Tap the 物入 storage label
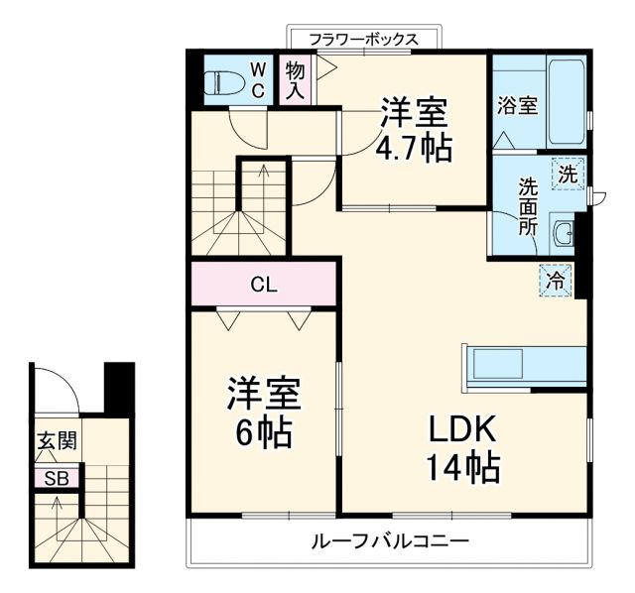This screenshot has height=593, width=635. (295, 80)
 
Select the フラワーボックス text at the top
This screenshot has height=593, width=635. (362, 40)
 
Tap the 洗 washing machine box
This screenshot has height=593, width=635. (567, 173)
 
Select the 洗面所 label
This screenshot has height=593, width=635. (528, 205)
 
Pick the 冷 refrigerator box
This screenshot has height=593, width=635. (557, 280)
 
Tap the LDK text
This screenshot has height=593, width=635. (461, 428)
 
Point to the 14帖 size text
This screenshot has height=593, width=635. (461, 464)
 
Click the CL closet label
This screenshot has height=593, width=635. (263, 286)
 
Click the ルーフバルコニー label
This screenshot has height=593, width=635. (389, 542)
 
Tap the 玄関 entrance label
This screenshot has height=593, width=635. (57, 441)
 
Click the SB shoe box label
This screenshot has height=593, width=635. (57, 478)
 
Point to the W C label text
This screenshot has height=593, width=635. (257, 79)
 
